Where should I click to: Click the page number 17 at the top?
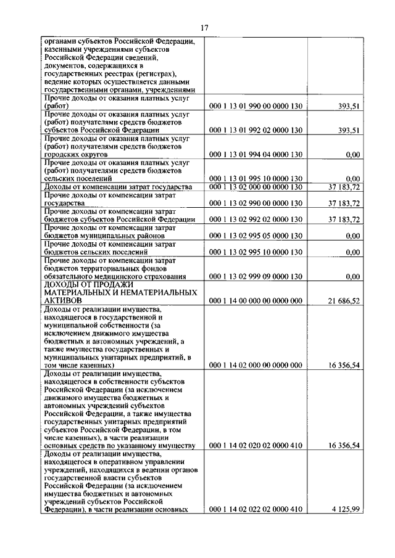(x=204, y=28)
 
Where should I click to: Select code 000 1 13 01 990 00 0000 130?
(x=256, y=106)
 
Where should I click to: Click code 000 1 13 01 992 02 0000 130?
(x=256, y=130)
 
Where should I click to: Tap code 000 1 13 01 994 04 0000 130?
(x=256, y=154)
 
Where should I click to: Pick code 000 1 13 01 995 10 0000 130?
(x=256, y=178)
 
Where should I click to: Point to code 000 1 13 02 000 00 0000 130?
(x=256, y=187)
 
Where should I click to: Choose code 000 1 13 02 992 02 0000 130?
(x=256, y=220)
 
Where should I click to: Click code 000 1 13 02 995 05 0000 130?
(x=256, y=236)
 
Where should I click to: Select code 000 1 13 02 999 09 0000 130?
(x=256, y=276)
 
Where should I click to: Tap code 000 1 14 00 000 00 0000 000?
(x=256, y=300)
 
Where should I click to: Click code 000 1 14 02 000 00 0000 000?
(x=256, y=365)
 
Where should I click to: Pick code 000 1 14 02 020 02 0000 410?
(x=256, y=445)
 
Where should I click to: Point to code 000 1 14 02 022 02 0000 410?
(x=256, y=509)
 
